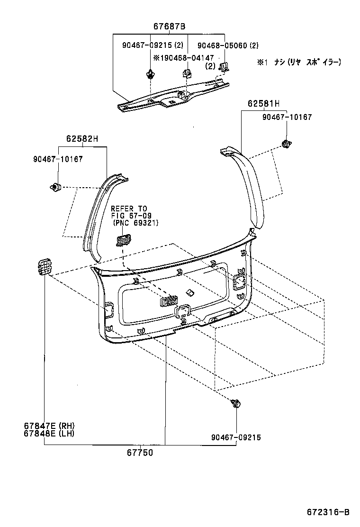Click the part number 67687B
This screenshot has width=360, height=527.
169,27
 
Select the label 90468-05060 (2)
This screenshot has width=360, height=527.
228,46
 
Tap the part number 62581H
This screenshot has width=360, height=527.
263,103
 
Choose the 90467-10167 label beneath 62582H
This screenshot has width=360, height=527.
58,159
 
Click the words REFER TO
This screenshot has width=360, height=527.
129,209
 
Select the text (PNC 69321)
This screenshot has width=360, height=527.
135,223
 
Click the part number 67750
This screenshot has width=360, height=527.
140,453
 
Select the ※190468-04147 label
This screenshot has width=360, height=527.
183,57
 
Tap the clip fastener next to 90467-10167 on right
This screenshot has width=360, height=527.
286,144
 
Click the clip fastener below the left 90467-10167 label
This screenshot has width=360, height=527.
56,187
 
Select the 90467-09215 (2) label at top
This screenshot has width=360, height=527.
153,46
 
